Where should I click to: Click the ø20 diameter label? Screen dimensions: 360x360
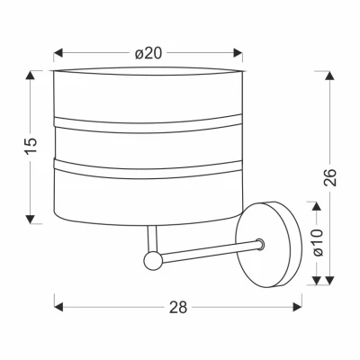(x=148, y=53)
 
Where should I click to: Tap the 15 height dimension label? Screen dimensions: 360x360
(x=31, y=146)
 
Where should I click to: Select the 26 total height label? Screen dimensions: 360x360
(x=330, y=177)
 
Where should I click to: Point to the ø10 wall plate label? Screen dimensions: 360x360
(x=317, y=242)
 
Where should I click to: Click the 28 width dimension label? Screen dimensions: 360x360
(x=178, y=307)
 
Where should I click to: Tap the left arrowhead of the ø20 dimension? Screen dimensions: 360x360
(x=58, y=53)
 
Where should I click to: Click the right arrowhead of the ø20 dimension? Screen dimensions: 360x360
(x=238, y=53)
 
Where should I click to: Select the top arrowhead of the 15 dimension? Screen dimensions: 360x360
(x=30, y=75)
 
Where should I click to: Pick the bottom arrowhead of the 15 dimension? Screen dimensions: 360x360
(x=30, y=220)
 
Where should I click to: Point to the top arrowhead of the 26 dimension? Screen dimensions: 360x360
(x=330, y=76)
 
